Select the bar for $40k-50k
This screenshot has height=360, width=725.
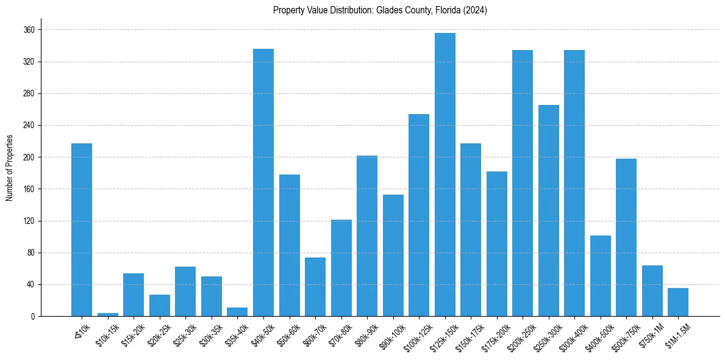(263, 182)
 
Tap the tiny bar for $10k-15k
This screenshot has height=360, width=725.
(108, 315)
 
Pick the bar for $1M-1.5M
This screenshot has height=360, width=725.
(678, 302)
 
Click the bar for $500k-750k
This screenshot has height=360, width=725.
(626, 237)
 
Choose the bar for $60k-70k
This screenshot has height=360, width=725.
(315, 287)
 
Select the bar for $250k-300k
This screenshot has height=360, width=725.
(549, 211)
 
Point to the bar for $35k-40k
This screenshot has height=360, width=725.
(237, 312)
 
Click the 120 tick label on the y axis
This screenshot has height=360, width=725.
(29, 221)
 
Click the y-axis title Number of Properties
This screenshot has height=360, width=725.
(9, 167)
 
